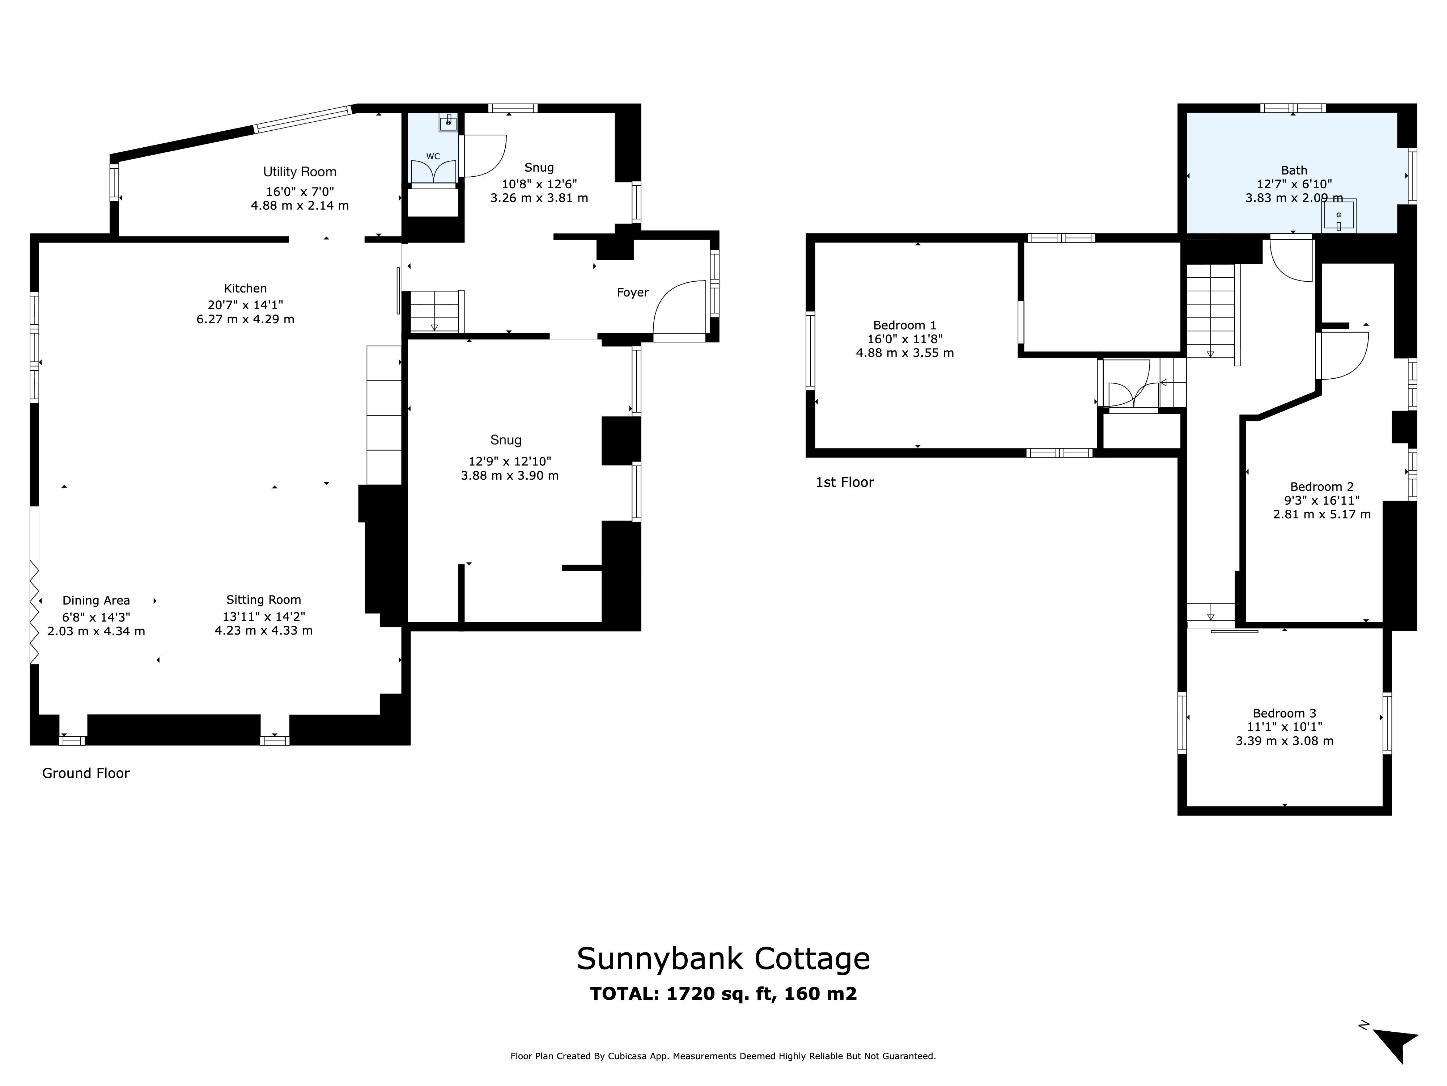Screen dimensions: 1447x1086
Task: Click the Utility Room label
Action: [x=300, y=172]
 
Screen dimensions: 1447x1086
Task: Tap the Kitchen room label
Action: [x=245, y=288]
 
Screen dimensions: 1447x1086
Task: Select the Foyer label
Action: [x=633, y=292]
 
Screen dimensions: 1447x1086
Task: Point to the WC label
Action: [x=432, y=156]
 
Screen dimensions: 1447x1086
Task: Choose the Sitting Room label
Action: [x=264, y=599]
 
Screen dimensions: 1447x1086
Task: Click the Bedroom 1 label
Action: [x=905, y=325]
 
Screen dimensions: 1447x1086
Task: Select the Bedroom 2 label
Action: [x=1321, y=487]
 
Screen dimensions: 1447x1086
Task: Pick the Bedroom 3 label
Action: [x=1284, y=714]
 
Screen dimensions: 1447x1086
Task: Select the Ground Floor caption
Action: [x=86, y=773]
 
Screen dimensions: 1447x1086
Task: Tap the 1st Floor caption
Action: [x=845, y=483]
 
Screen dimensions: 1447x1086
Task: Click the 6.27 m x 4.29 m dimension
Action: [x=245, y=319]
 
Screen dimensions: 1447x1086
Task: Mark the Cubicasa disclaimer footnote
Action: [x=723, y=1056]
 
